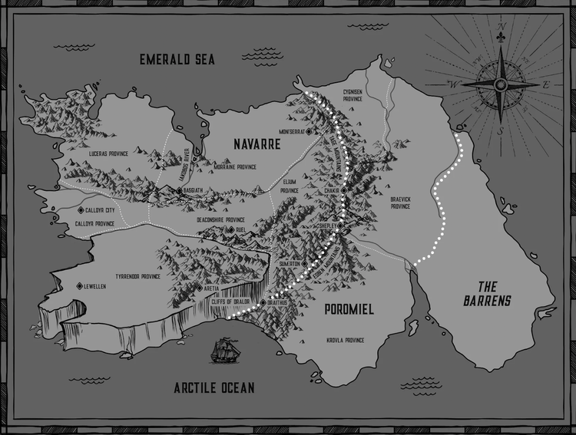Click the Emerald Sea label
click(177, 59)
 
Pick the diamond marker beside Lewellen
click(80, 286)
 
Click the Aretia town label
click(211, 288)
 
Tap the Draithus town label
click(277, 304)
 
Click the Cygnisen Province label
click(356, 94)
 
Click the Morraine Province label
click(233, 166)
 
